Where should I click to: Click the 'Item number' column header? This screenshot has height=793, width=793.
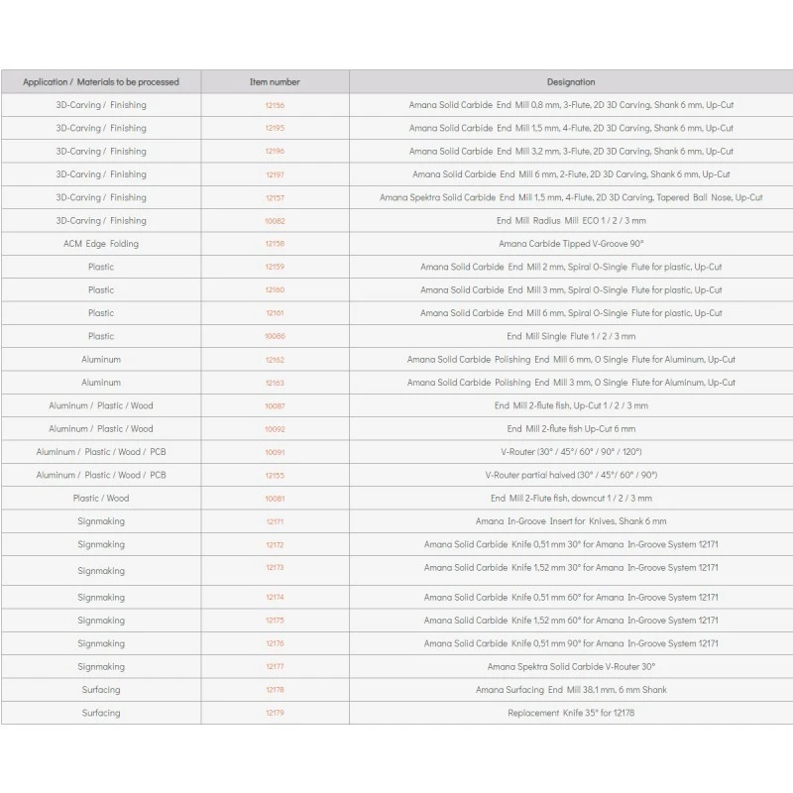(x=275, y=82)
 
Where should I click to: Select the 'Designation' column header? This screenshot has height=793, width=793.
(x=571, y=82)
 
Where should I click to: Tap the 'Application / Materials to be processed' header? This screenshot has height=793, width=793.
(x=100, y=82)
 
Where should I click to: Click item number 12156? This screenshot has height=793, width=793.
(x=275, y=105)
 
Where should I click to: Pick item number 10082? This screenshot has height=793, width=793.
(x=275, y=221)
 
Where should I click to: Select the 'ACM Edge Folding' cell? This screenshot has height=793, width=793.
(x=100, y=244)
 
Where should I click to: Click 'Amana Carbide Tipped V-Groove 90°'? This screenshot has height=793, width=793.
(x=571, y=244)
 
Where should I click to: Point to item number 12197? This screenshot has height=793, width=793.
(x=275, y=174)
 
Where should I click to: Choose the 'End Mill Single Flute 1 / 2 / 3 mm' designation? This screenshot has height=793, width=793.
(x=571, y=337)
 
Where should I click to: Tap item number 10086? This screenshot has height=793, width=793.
(x=275, y=337)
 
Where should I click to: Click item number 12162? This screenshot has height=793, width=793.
(x=275, y=360)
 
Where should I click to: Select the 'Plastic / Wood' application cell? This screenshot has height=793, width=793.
(x=100, y=499)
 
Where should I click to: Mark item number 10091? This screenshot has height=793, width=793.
(x=275, y=452)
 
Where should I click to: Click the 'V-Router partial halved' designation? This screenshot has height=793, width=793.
(x=571, y=476)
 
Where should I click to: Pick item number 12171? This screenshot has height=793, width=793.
(x=275, y=521)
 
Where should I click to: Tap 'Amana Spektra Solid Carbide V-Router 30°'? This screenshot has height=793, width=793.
(x=571, y=667)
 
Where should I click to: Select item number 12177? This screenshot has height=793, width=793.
(x=275, y=667)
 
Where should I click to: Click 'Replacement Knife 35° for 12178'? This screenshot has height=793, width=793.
(x=571, y=714)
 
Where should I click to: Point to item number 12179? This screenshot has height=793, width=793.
(x=275, y=714)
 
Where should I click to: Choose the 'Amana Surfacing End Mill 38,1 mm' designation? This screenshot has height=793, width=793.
(x=571, y=690)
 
